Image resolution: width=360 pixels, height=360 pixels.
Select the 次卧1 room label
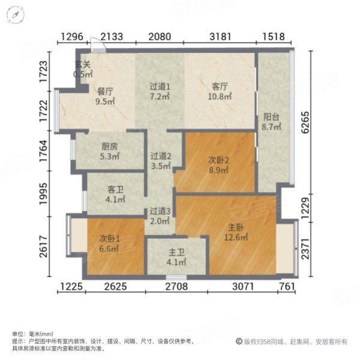click(110, 238)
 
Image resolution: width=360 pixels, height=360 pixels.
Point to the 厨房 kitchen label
click(109, 146)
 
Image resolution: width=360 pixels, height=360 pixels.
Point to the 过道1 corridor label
click(160, 86)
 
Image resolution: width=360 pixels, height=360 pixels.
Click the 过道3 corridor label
click(160, 211)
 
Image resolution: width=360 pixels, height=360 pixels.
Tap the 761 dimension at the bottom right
click(287, 286)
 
